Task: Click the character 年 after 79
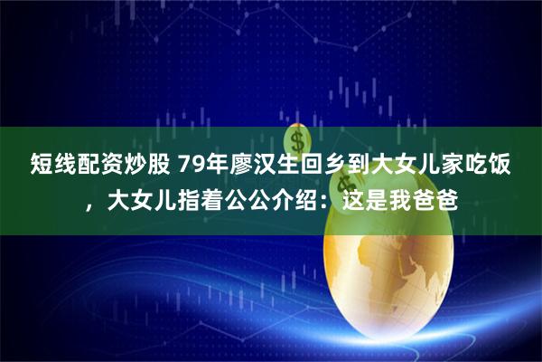point(220,165)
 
